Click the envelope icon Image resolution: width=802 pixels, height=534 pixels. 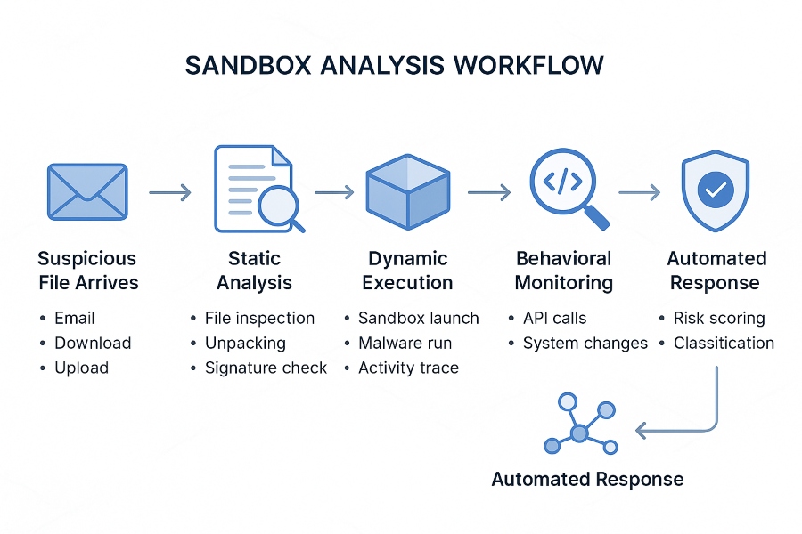[x=86, y=191]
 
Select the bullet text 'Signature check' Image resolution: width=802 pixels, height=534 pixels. [x=266, y=368]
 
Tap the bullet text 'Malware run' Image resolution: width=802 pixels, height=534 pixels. [x=405, y=343]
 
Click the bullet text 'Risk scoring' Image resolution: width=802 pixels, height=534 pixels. [x=719, y=318]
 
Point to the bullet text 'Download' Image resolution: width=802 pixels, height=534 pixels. [x=93, y=343]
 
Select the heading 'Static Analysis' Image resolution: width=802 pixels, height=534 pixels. [x=254, y=271]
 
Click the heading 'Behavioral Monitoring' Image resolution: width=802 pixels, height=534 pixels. [x=564, y=271]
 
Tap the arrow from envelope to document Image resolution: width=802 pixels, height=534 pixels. [x=169, y=191]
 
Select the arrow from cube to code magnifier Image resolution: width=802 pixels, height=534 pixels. [x=488, y=191]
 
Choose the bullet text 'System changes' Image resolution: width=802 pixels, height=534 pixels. [x=585, y=343]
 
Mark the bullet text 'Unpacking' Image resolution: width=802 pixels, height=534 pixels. [x=245, y=343]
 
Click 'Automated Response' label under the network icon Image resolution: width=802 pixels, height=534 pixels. [x=587, y=480]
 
